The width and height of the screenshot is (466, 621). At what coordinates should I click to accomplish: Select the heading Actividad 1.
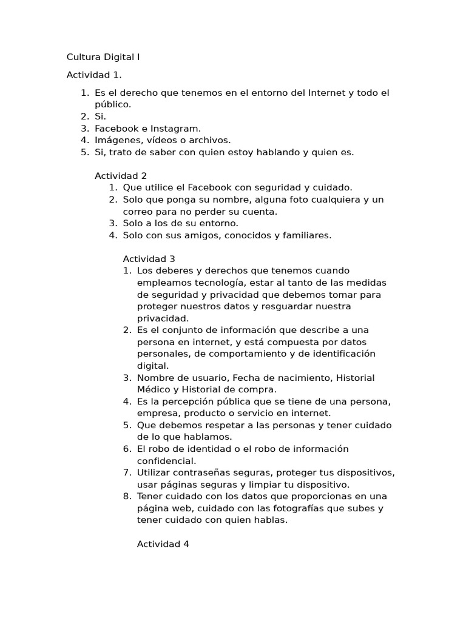coord(94,75)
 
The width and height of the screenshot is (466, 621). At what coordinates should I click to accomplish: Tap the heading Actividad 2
coord(121,176)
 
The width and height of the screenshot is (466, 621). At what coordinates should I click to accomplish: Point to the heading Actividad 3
coord(149,259)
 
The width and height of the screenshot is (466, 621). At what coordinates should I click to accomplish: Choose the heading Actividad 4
coord(163,544)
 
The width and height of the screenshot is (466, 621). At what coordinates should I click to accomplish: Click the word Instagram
coord(177,129)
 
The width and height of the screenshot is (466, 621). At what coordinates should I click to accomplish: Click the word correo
coord(138,212)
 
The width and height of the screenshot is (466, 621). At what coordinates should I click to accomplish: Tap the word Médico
coord(154,389)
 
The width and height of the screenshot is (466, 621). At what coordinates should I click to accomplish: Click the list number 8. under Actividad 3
coord(127,497)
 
